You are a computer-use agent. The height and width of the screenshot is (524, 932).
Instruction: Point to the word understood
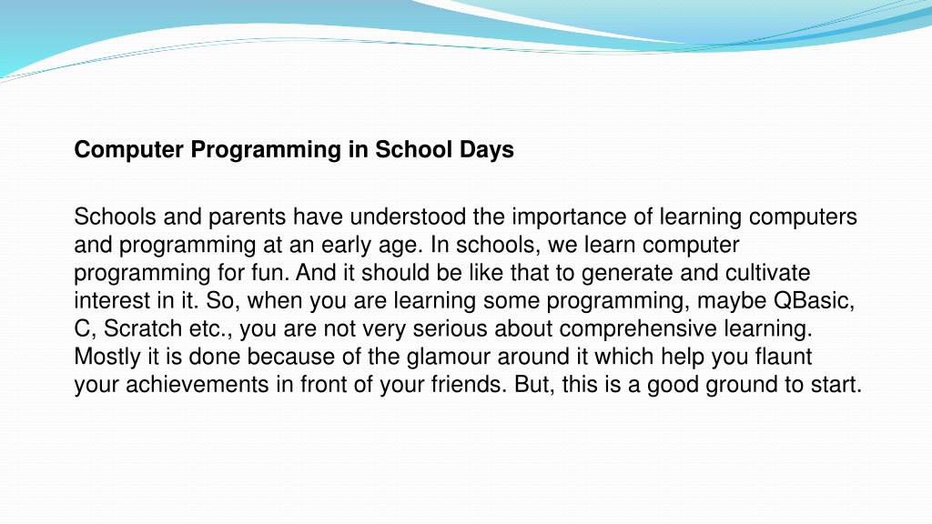pos(408,217)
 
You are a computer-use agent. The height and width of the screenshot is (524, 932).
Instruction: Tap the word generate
pos(628,274)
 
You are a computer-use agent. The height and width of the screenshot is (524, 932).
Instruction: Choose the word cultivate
pos(768,273)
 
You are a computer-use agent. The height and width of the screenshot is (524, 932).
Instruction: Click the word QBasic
pos(815,300)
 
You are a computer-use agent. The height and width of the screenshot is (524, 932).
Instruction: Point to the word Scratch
pos(143,328)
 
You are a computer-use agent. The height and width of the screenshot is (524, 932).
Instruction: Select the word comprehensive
pos(638,329)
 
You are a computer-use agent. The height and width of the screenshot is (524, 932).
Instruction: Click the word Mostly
pos(107,358)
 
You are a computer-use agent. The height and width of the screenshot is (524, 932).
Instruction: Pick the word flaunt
pos(784,357)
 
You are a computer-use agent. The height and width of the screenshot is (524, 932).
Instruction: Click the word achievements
pos(198,385)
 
